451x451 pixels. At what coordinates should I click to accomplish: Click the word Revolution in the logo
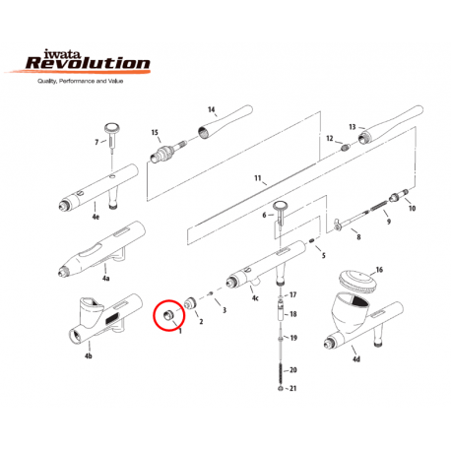point(88,63)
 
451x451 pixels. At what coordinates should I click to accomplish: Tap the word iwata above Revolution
point(62,53)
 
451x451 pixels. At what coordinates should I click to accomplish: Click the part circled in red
point(168,315)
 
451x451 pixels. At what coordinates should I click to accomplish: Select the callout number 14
point(212,109)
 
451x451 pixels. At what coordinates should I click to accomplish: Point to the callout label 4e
point(96,217)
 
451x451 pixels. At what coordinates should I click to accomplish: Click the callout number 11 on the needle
point(258,178)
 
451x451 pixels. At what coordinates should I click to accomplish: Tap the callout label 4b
point(89,355)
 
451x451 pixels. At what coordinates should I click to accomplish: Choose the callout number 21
point(292,388)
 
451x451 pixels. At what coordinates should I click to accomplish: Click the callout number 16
point(379,270)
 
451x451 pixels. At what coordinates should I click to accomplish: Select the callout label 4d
point(356,359)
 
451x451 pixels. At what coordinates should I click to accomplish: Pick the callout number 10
point(412,208)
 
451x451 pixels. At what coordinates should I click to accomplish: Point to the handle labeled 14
point(225,122)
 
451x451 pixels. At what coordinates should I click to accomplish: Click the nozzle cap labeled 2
point(190,303)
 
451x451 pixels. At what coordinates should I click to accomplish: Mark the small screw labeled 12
point(345,148)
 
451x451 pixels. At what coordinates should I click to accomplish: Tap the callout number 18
point(292,314)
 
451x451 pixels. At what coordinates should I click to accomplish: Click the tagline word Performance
point(77,81)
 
